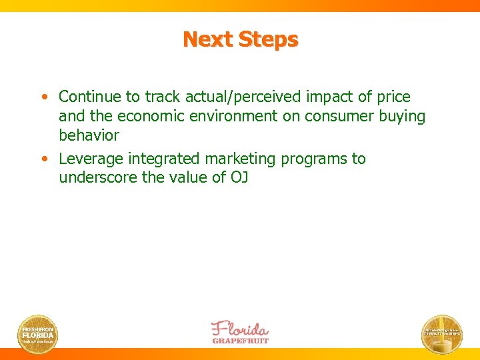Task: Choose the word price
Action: (x=393, y=97)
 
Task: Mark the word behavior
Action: (x=89, y=135)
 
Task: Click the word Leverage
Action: (x=91, y=159)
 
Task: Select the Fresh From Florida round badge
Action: (x=38, y=334)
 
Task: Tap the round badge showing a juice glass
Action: (x=441, y=334)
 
